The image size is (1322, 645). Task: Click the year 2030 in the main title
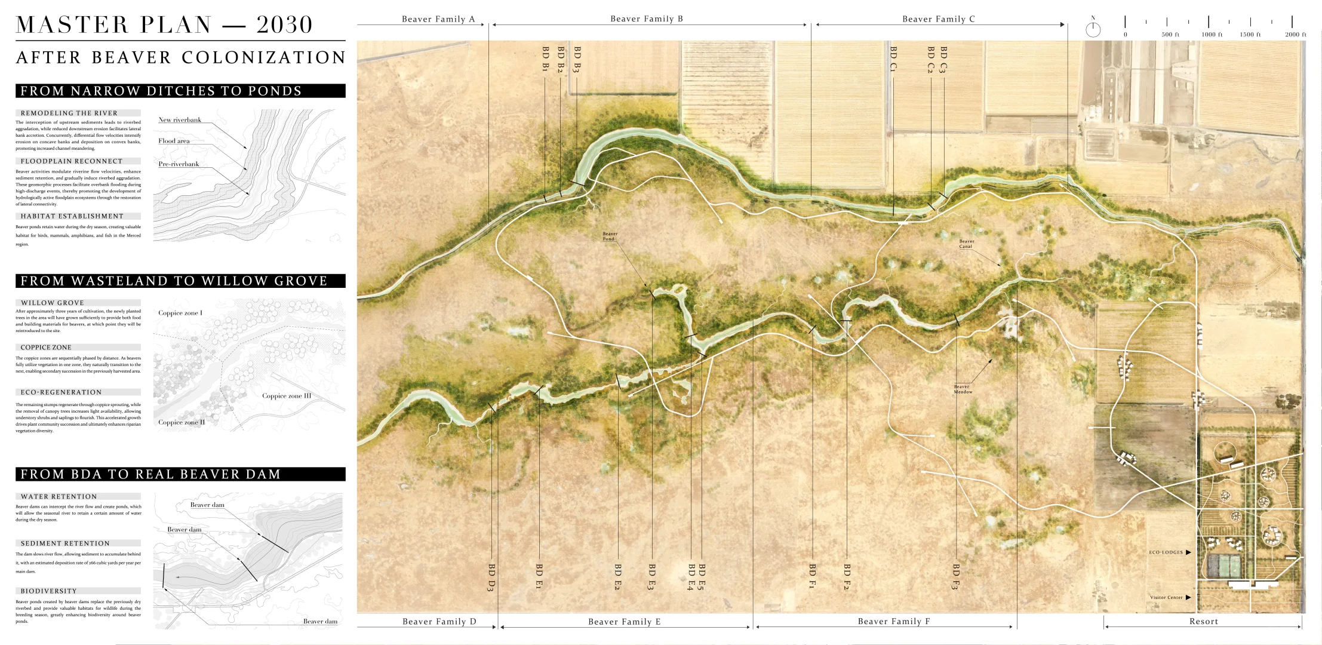click(x=284, y=24)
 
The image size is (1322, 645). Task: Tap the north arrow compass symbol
click(x=1093, y=29)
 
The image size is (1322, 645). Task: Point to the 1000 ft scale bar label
click(x=1208, y=35)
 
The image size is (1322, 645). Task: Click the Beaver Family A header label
click(x=438, y=19)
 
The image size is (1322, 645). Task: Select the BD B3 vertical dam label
click(x=577, y=60)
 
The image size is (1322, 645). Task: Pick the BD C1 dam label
click(x=893, y=59)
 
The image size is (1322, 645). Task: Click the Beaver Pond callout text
click(x=610, y=236)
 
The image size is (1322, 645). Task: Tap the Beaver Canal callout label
click(x=966, y=244)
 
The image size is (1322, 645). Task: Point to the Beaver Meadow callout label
click(x=963, y=389)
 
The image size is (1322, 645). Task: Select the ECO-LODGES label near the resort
click(x=1166, y=552)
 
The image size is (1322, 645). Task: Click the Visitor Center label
click(x=1166, y=597)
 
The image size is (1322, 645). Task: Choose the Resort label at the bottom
click(x=1203, y=622)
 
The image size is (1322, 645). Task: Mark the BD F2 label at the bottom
click(x=847, y=576)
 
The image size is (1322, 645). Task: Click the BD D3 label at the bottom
click(x=491, y=578)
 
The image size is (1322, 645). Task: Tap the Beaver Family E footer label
click(x=624, y=622)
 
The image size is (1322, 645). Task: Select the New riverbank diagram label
click(x=180, y=120)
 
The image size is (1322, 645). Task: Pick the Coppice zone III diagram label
click(x=287, y=396)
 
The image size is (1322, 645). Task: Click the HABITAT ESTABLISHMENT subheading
click(x=72, y=216)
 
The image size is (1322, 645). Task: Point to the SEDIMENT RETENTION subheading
click(x=65, y=543)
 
